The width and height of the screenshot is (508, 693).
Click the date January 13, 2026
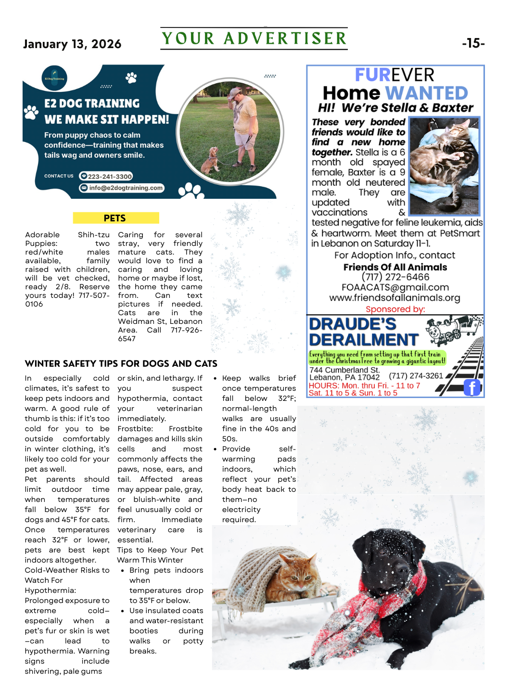click(72, 44)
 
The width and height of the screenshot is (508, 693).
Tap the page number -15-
click(473, 43)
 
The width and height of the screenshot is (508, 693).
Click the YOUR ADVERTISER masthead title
click(254, 38)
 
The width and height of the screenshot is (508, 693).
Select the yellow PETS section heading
click(115, 218)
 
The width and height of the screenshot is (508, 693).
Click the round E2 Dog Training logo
click(54, 78)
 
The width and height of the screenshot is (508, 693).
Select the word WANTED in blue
click(426, 93)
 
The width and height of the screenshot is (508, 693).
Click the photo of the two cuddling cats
click(444, 166)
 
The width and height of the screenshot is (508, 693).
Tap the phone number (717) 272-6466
click(395, 277)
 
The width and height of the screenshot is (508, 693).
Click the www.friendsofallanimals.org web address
click(394, 298)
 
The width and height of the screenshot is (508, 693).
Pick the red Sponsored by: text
click(395, 309)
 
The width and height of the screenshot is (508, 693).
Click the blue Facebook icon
click(472, 387)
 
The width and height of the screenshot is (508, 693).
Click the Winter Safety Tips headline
click(121, 363)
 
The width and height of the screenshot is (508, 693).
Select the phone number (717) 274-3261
click(416, 376)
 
